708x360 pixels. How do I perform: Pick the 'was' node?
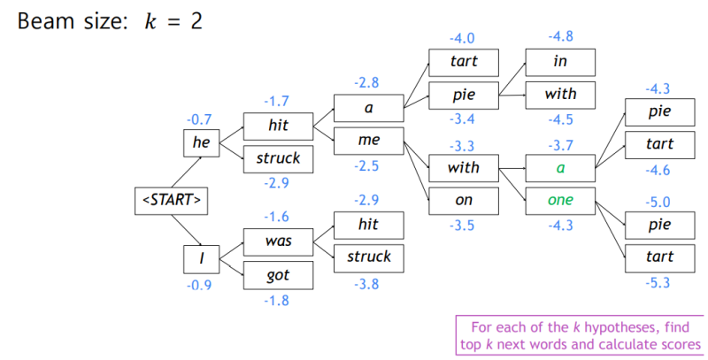tap(278, 241)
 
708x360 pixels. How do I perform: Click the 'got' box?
tap(278, 275)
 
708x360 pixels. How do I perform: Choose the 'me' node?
tap(368, 141)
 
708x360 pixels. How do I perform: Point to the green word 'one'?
tap(560, 201)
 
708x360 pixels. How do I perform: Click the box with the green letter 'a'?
tap(560, 166)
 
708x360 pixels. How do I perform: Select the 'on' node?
tap(464, 201)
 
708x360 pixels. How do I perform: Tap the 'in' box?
tap(560, 61)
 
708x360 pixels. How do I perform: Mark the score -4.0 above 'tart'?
tap(464, 38)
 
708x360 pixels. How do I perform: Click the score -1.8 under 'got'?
tap(278, 301)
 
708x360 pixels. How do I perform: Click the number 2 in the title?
tap(194, 20)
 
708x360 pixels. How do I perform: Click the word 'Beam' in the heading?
tap(45, 20)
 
